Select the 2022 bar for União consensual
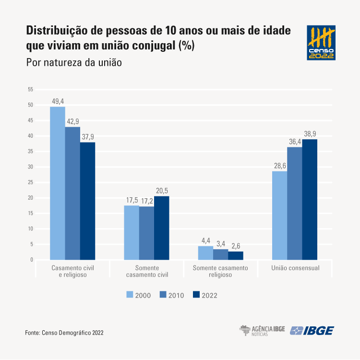point(310,200)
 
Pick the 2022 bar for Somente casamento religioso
point(236,256)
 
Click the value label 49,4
point(58,101)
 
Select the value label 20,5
point(162,191)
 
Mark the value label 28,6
point(279,166)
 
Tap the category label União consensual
point(295,268)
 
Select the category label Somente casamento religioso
point(220,271)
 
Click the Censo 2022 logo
point(321,43)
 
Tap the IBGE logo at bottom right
point(312,331)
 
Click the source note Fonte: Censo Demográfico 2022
point(64,332)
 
